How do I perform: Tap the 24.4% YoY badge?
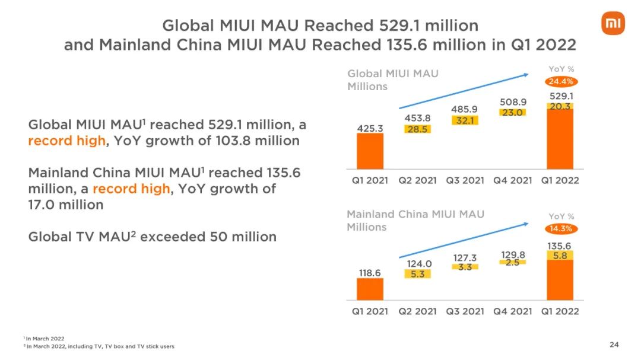click(561, 81)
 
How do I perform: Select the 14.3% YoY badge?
click(561, 228)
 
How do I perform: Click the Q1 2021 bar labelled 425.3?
click(370, 151)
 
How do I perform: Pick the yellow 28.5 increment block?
click(417, 129)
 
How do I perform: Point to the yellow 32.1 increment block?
click(465, 120)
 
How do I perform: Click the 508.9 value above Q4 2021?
click(512, 102)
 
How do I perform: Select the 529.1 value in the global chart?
click(561, 95)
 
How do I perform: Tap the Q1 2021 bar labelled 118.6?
click(370, 289)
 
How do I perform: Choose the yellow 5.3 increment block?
click(417, 274)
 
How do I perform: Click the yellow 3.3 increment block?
click(465, 267)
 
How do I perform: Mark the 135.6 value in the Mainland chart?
click(561, 245)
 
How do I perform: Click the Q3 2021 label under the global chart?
click(465, 180)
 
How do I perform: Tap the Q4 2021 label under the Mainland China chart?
click(512, 311)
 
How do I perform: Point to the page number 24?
click(614, 345)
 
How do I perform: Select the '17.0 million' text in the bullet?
click(65, 205)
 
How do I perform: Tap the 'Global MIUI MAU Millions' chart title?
click(392, 80)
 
